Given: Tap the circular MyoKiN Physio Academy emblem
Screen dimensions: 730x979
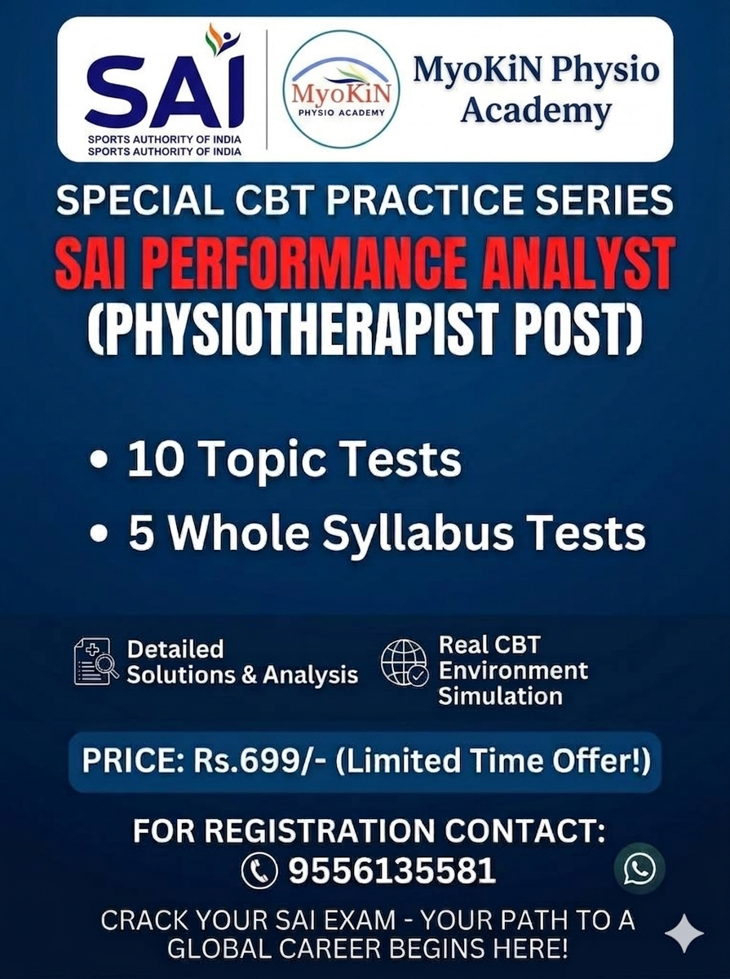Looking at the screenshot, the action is (342, 89).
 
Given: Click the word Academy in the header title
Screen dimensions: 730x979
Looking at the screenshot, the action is (536, 110).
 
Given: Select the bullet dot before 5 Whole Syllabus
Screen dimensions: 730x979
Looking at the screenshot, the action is (99, 534).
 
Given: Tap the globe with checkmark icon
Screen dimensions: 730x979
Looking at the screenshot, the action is (405, 662).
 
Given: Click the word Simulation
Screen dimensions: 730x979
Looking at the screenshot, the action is (500, 696).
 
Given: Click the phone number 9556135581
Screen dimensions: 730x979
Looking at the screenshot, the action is (392, 870).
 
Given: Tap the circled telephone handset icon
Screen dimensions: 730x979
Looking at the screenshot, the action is (259, 870).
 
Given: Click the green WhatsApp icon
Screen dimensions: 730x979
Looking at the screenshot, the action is (639, 868).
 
